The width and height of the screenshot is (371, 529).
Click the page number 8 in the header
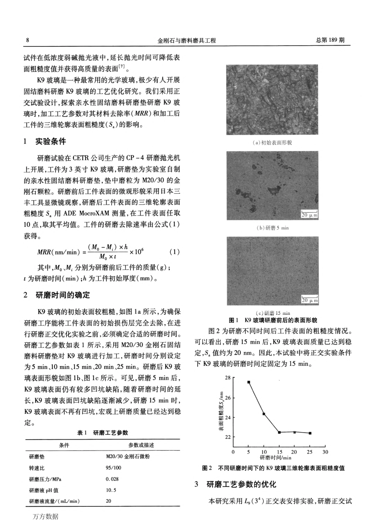click(x=27, y=40)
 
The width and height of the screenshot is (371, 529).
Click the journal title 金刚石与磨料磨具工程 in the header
click(x=186, y=40)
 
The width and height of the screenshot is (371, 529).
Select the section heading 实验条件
click(x=51, y=141)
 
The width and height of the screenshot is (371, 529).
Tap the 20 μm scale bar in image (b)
click(x=309, y=214)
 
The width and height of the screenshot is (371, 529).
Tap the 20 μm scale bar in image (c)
click(x=309, y=300)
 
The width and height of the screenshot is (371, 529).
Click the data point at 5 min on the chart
click(x=249, y=382)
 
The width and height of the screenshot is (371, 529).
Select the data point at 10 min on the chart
click(x=264, y=414)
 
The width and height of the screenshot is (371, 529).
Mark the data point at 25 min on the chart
click(x=310, y=433)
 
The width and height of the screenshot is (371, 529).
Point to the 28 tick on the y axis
click(x=228, y=378)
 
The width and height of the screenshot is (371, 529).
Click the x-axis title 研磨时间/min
click(x=276, y=458)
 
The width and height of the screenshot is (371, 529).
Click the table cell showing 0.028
click(x=112, y=479)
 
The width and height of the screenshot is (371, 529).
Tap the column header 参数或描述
click(x=141, y=445)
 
